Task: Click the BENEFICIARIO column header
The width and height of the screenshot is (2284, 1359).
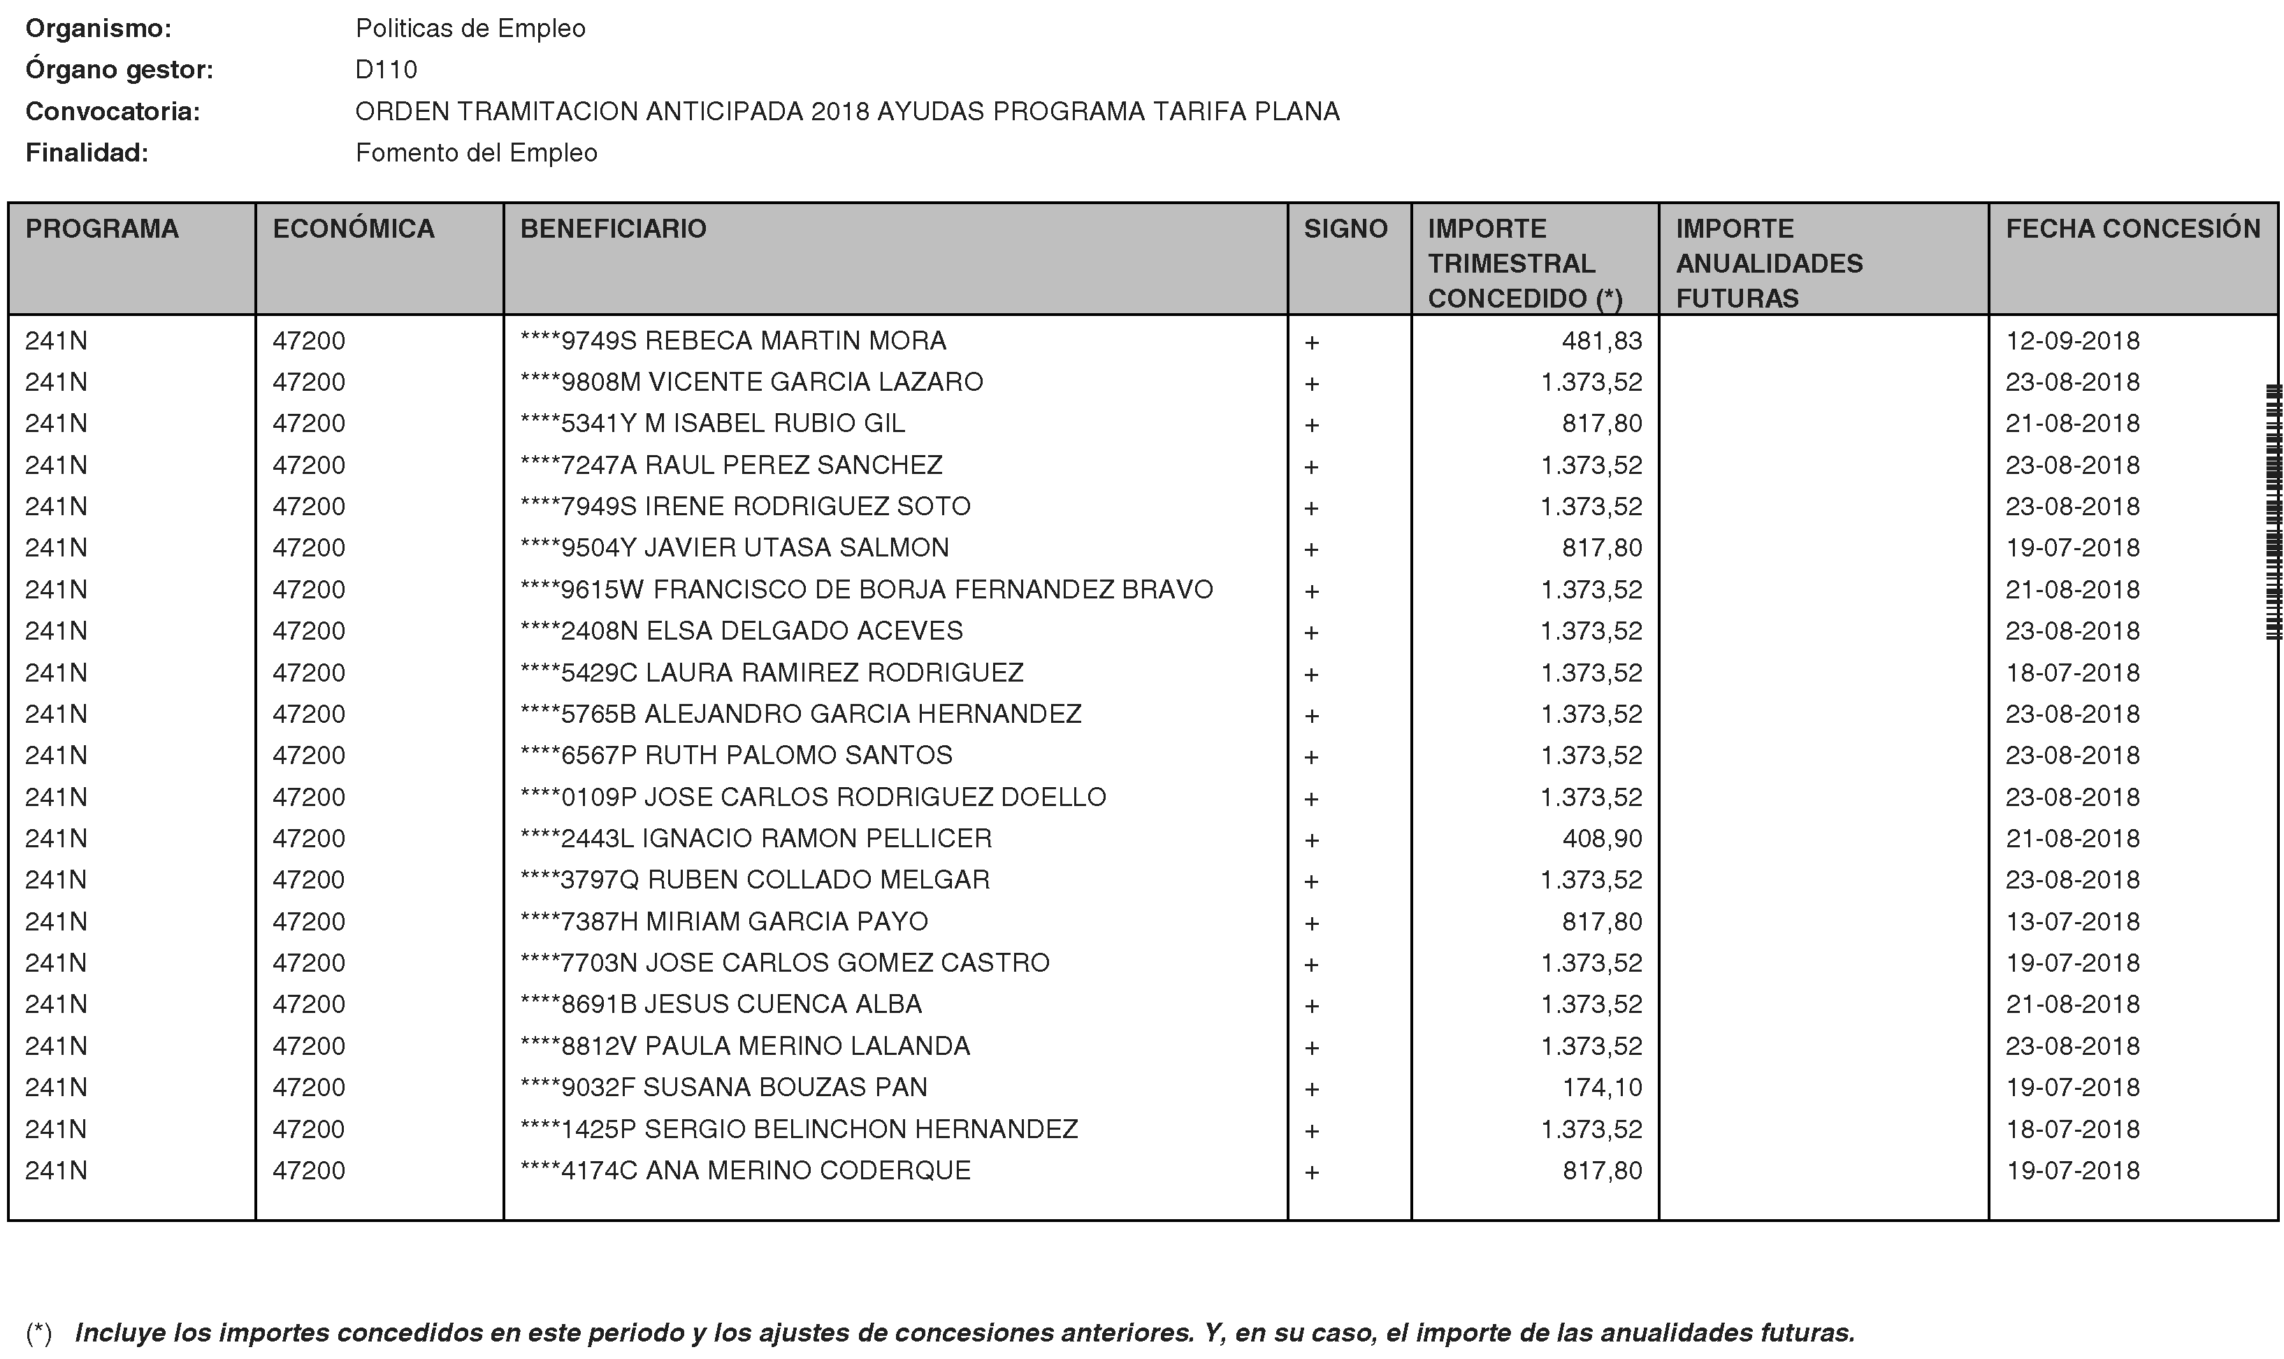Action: click(x=614, y=229)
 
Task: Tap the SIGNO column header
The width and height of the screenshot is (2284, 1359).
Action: click(x=1345, y=229)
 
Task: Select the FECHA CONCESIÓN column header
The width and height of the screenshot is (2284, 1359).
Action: click(x=2133, y=229)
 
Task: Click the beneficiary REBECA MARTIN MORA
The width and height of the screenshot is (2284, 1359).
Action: click(x=733, y=340)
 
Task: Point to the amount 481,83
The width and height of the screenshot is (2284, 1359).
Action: click(x=1601, y=340)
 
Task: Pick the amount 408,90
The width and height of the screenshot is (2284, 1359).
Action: click(x=1601, y=839)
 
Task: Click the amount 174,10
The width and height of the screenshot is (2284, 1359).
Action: click(x=1601, y=1087)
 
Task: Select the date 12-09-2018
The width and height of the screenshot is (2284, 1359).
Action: click(x=2072, y=340)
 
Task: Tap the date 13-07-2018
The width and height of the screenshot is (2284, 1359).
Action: click(x=2072, y=921)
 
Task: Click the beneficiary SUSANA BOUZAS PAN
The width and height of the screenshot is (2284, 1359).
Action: click(x=724, y=1087)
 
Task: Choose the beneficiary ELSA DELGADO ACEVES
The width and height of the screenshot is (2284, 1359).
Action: click(x=742, y=631)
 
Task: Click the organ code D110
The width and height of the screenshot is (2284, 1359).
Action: click(x=386, y=71)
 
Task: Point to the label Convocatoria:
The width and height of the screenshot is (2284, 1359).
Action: click(x=113, y=112)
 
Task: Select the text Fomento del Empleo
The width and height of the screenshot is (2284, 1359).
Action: click(x=476, y=153)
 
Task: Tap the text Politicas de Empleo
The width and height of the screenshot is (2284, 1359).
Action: click(x=470, y=29)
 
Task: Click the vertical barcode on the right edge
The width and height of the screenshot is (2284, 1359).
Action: click(x=2273, y=513)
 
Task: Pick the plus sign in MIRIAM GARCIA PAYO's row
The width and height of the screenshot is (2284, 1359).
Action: click(x=1312, y=923)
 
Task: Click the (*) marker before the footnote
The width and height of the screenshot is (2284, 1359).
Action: click(x=38, y=1332)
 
